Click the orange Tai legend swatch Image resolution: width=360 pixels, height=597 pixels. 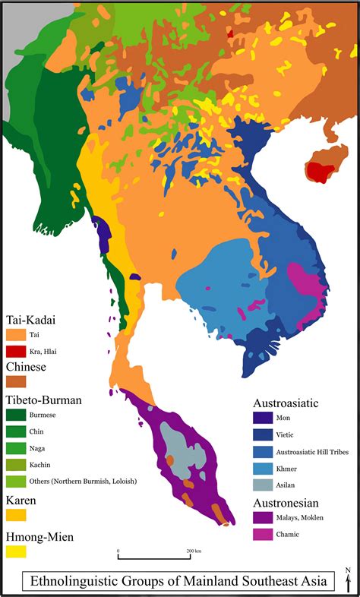click(16, 334)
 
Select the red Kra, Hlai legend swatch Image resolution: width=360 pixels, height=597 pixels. click(16, 351)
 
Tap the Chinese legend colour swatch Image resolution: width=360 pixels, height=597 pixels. click(16, 382)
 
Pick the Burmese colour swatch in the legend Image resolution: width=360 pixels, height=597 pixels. click(16, 415)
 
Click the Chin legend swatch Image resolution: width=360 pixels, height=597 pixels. click(16, 431)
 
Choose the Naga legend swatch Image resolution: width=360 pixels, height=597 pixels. click(16, 448)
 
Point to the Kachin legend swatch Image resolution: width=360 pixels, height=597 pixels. click(16, 464)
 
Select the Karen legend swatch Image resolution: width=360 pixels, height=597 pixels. click(16, 514)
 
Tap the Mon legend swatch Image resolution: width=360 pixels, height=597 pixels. click(264, 417)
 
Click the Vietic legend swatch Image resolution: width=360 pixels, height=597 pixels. click(264, 434)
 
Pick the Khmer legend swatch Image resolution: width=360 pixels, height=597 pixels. click(264, 469)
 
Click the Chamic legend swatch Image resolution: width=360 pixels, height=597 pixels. click(264, 535)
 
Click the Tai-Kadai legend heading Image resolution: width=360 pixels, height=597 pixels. click(31, 320)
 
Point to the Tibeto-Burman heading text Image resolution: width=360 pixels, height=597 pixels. click(43, 400)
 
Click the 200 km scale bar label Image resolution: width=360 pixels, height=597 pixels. click(193, 551)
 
